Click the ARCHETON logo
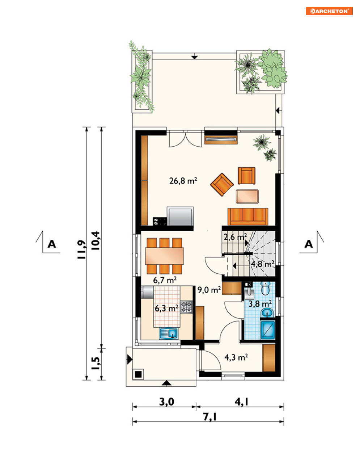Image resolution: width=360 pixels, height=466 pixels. pyautogui.click(x=329, y=11)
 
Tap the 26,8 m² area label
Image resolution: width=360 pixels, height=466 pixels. pyautogui.click(x=183, y=181)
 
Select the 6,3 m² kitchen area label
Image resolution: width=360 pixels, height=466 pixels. pyautogui.click(x=166, y=308)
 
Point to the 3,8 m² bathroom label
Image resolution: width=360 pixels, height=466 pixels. pyautogui.click(x=260, y=303)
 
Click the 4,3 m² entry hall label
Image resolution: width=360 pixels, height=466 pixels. pyautogui.click(x=236, y=357)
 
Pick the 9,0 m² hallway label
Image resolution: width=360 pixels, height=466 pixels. pyautogui.click(x=209, y=290)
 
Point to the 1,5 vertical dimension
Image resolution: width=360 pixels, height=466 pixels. pyautogui.click(x=96, y=363)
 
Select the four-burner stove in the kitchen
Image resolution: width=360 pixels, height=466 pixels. pyautogui.click(x=186, y=307)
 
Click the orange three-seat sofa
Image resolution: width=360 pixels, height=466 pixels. pyautogui.click(x=248, y=217)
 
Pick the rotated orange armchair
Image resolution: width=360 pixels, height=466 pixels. pyautogui.click(x=222, y=185)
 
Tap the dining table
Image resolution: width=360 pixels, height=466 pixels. pyautogui.click(x=164, y=256)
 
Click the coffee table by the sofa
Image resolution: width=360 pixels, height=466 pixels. pyautogui.click(x=247, y=196)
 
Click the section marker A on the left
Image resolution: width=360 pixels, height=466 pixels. pyautogui.click(x=51, y=244)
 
